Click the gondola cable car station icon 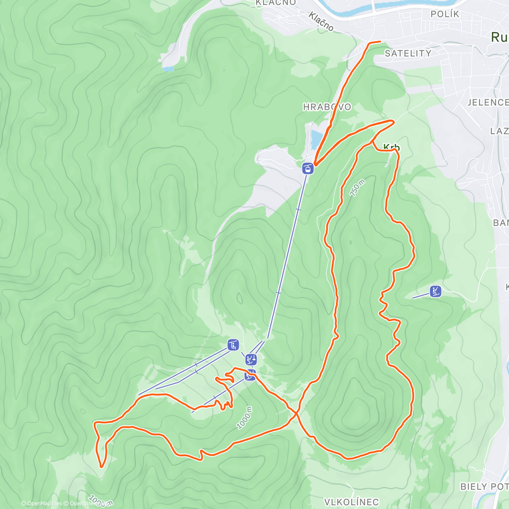point(308,168)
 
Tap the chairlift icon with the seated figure point(233,345)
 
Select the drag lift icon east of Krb point(435,291)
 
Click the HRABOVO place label point(327,107)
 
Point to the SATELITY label point(408,53)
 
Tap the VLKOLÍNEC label point(351,502)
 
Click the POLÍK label point(445,14)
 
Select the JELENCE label point(488,102)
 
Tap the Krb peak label point(392,148)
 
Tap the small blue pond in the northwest point(168,68)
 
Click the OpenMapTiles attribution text point(42,503)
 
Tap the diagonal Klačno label point(321,22)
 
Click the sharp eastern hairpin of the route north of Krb point(393,122)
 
